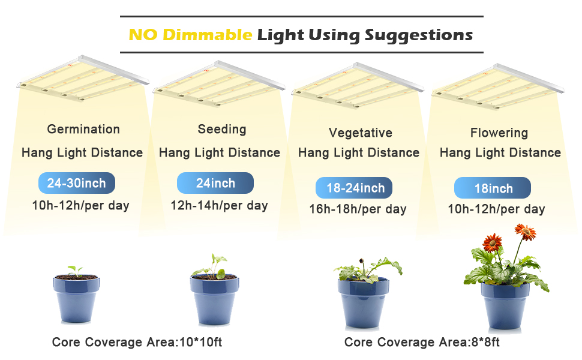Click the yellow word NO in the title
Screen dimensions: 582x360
tap(143, 35)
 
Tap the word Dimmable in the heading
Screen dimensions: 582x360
tap(208, 35)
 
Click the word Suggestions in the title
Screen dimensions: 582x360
tap(419, 35)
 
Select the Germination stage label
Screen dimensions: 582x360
tap(83, 129)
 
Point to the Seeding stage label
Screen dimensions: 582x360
tap(222, 129)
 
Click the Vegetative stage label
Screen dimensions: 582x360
tap(361, 133)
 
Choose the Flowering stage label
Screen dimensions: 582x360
tap(499, 133)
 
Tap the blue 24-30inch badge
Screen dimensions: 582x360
tap(77, 183)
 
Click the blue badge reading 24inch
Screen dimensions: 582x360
tap(215, 183)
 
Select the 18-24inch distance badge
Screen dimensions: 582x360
tap(354, 188)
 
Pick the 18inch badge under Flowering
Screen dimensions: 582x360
tap(493, 188)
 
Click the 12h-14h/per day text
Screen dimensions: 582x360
tap(220, 206)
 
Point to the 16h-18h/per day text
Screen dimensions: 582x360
tap(358, 209)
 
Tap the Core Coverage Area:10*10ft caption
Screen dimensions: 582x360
tap(137, 342)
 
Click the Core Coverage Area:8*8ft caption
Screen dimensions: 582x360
tap(422, 342)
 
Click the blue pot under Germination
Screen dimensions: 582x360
tap(76, 299)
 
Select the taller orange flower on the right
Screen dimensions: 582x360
tap(525, 232)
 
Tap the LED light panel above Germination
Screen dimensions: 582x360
tap(83, 78)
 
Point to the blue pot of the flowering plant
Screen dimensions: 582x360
tap(505, 305)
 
